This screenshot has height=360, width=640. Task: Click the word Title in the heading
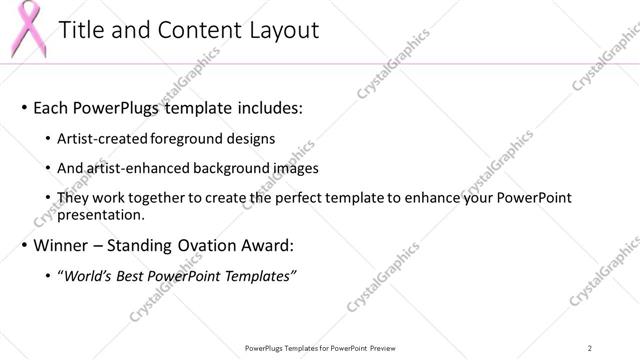click(83, 31)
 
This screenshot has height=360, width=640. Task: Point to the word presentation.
click(103, 214)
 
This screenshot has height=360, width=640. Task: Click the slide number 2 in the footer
click(590, 347)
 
